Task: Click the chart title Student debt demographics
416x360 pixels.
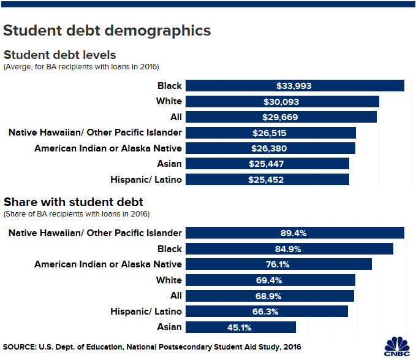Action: tap(107, 30)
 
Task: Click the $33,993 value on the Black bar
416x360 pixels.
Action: tap(295, 86)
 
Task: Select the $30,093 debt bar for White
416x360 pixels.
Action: tap(282, 101)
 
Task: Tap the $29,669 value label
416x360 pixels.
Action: tap(281, 117)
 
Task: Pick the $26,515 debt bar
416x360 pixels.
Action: tap(270, 132)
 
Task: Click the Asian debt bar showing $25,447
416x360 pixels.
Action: tap(267, 164)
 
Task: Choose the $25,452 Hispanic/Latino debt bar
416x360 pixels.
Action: tap(267, 180)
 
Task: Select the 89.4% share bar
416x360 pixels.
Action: tap(295, 233)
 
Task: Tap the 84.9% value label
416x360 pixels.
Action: tap(289, 249)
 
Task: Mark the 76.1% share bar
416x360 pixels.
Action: tap(279, 264)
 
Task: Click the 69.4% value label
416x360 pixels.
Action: tap(270, 280)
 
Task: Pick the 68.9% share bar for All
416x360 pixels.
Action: tap(270, 296)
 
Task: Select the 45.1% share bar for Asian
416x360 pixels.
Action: tap(240, 327)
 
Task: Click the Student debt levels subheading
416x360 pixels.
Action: tap(60, 55)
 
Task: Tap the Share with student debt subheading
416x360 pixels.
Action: tap(74, 202)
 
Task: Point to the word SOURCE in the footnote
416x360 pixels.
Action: tap(19, 347)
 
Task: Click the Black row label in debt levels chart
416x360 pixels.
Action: tap(169, 86)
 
